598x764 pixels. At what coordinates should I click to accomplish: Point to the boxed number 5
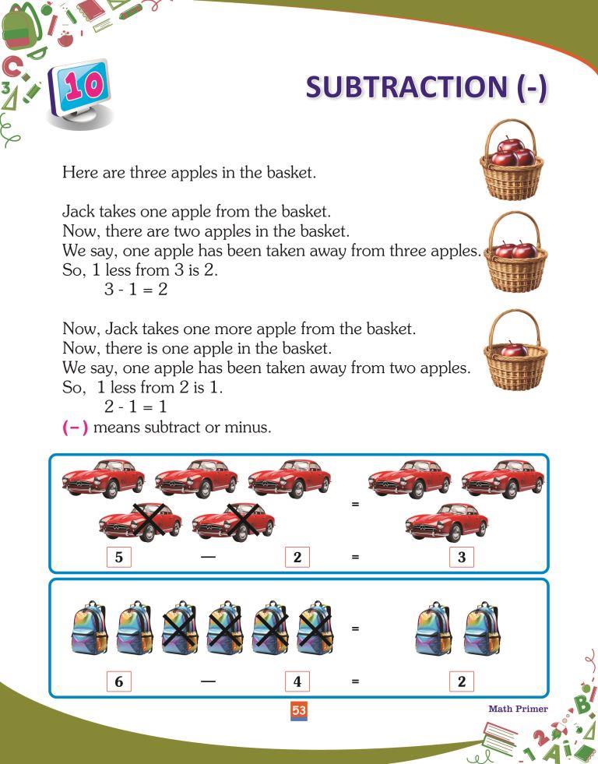point(118,557)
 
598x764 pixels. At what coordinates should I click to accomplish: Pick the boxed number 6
point(118,681)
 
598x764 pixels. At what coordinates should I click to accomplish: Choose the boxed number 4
point(297,681)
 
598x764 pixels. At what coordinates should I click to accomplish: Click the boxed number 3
point(461,557)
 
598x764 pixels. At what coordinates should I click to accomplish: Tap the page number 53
point(298,709)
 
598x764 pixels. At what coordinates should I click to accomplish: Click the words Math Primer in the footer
point(518,709)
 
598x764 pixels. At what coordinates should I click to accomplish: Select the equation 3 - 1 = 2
point(136,289)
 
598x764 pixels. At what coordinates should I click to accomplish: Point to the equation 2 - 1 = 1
point(136,407)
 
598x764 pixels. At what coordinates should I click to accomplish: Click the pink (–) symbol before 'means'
point(75,428)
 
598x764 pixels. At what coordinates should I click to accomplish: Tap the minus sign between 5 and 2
point(208,557)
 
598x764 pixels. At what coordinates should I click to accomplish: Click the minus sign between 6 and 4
point(208,681)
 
